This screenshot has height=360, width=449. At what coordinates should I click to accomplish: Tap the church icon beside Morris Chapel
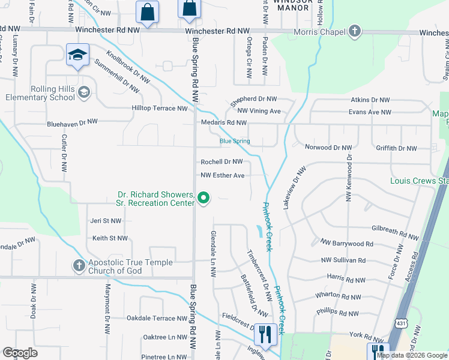coord(355,31)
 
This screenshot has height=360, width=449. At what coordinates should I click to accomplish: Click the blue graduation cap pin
coord(77,55)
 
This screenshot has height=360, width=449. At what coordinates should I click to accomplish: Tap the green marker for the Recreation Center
coord(203,197)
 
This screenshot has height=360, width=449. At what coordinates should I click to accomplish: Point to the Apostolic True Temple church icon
coord(79,265)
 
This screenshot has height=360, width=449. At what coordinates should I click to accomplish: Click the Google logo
coord(20,353)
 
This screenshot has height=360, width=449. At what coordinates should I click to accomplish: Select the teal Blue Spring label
coord(235,142)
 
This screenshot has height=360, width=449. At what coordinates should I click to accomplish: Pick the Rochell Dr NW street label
coord(221,162)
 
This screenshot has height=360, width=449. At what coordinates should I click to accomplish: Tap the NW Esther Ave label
coord(223,175)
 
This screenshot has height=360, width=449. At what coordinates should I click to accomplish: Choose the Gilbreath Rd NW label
coord(394,230)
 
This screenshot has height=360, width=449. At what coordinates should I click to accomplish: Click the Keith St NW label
coord(110,238)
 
